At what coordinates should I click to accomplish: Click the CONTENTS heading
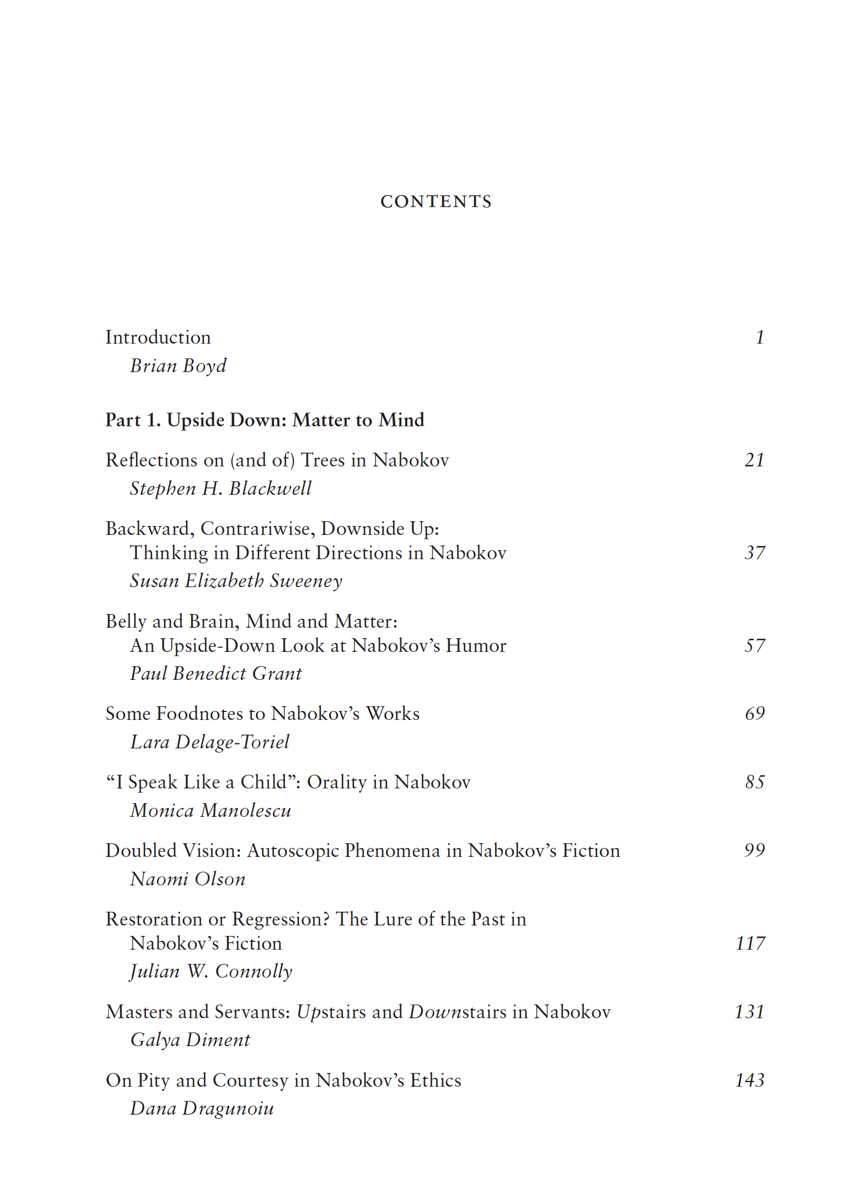click(x=436, y=201)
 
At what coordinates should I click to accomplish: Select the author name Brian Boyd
click(x=178, y=366)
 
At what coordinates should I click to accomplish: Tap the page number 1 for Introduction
click(x=760, y=337)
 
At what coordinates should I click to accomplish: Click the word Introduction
click(x=158, y=337)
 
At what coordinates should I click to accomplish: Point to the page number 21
click(x=754, y=460)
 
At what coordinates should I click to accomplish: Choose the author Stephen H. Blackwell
click(x=221, y=489)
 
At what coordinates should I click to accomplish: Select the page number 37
click(x=754, y=553)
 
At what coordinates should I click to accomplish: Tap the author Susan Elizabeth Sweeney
click(x=236, y=581)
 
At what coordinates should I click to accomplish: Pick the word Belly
click(x=126, y=621)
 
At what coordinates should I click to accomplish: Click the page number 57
click(x=754, y=646)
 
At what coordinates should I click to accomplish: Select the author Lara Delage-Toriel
click(x=210, y=742)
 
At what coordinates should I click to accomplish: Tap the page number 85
click(x=754, y=782)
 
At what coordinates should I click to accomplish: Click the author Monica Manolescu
click(x=211, y=811)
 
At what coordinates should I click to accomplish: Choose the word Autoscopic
click(x=293, y=851)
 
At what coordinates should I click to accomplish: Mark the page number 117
click(x=750, y=943)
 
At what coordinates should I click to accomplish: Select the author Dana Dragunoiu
click(x=202, y=1108)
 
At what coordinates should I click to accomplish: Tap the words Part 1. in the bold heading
click(x=133, y=420)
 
